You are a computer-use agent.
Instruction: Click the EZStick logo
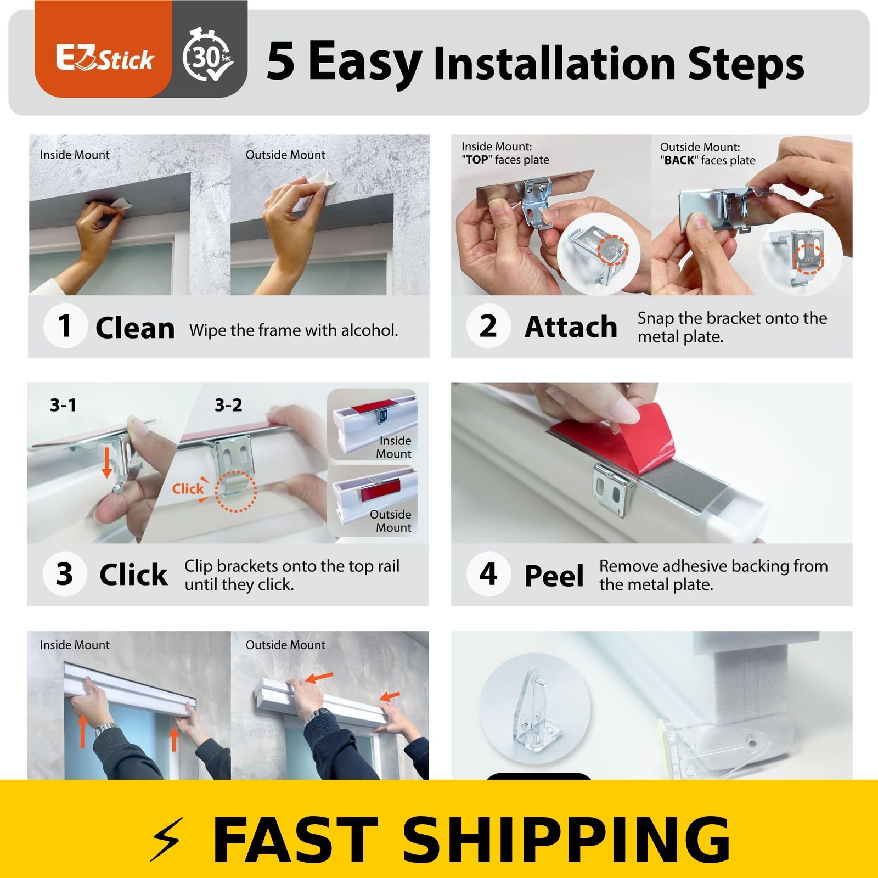tap(104, 59)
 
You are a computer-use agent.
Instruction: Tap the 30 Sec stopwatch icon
tap(209, 55)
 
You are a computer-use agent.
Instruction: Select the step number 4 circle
tap(488, 573)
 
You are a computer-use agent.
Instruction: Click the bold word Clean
tap(135, 328)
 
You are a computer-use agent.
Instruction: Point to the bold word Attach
tap(571, 327)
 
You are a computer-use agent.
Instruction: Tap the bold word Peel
tap(554, 576)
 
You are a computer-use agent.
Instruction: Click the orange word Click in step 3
tap(188, 488)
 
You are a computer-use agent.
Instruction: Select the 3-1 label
tap(63, 405)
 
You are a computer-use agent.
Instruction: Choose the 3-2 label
tap(228, 405)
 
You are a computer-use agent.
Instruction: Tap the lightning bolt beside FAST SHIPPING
tap(166, 839)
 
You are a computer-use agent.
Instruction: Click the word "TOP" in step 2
tap(476, 160)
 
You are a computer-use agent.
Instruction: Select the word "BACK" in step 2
tap(679, 160)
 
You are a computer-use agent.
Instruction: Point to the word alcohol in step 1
tap(369, 330)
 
